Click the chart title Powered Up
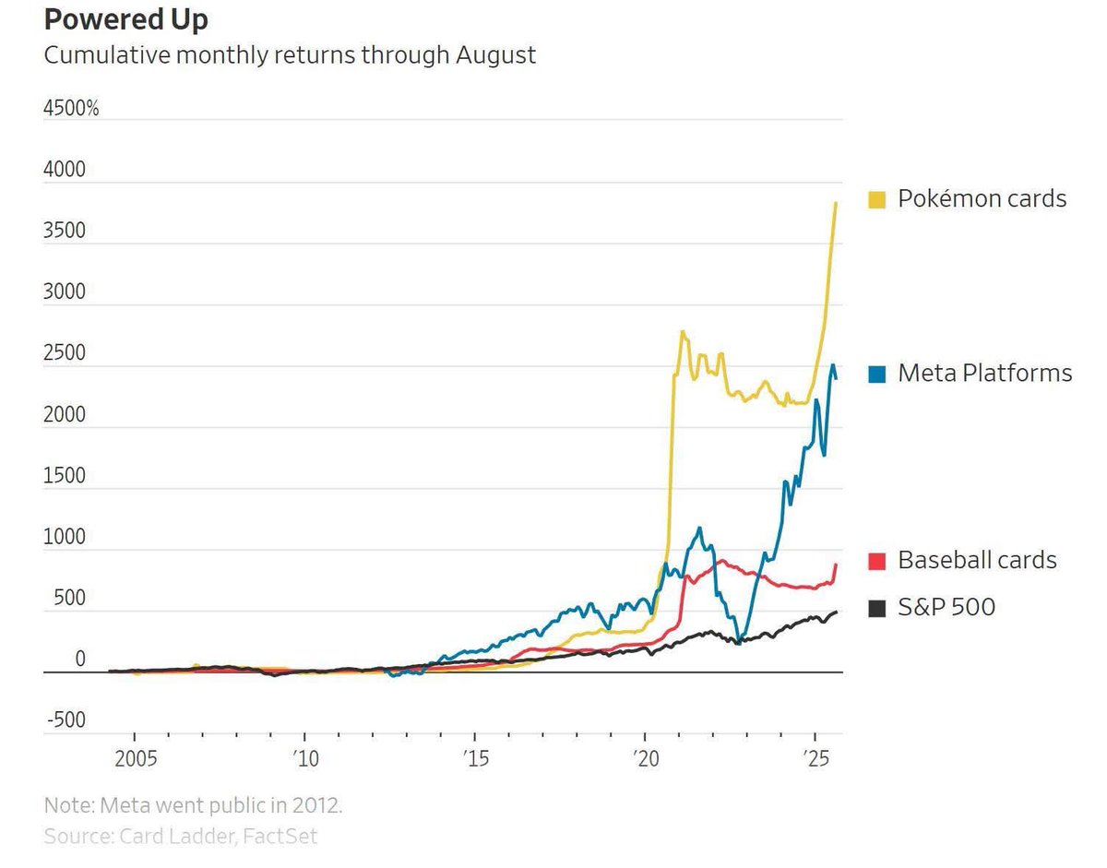tap(126, 19)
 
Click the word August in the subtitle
tap(494, 55)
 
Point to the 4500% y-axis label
tap(71, 108)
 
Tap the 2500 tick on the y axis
tap(65, 353)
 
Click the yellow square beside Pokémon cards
tap(877, 198)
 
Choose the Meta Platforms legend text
tap(984, 373)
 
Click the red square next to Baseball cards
tap(877, 560)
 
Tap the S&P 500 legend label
tap(946, 607)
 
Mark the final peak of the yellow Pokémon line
tap(836, 203)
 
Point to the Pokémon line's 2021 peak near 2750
tap(682, 331)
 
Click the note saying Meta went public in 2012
tap(193, 804)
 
